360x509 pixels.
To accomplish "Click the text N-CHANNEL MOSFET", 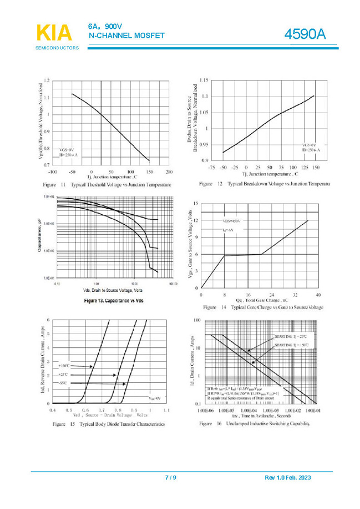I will click(x=126, y=36).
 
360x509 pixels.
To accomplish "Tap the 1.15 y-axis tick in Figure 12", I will click(x=202, y=81).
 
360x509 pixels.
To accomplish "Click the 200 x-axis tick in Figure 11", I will click(x=170, y=172).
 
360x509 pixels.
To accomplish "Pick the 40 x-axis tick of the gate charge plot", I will click(x=318, y=295).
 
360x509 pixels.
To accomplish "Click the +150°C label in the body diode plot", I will click(x=64, y=366).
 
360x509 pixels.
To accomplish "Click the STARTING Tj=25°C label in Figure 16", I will click(x=291, y=337).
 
